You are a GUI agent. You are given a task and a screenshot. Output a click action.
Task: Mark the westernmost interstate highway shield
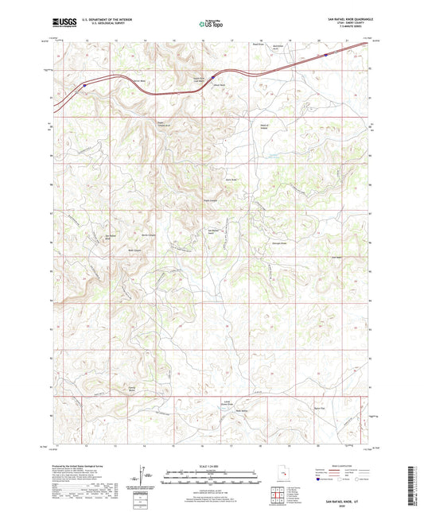click(x=84, y=83)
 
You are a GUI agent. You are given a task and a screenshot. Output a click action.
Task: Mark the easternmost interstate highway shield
click(x=326, y=55)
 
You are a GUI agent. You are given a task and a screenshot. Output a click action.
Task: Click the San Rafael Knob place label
click(x=213, y=231)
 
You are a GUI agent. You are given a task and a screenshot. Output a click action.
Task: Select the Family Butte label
click(x=123, y=389)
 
